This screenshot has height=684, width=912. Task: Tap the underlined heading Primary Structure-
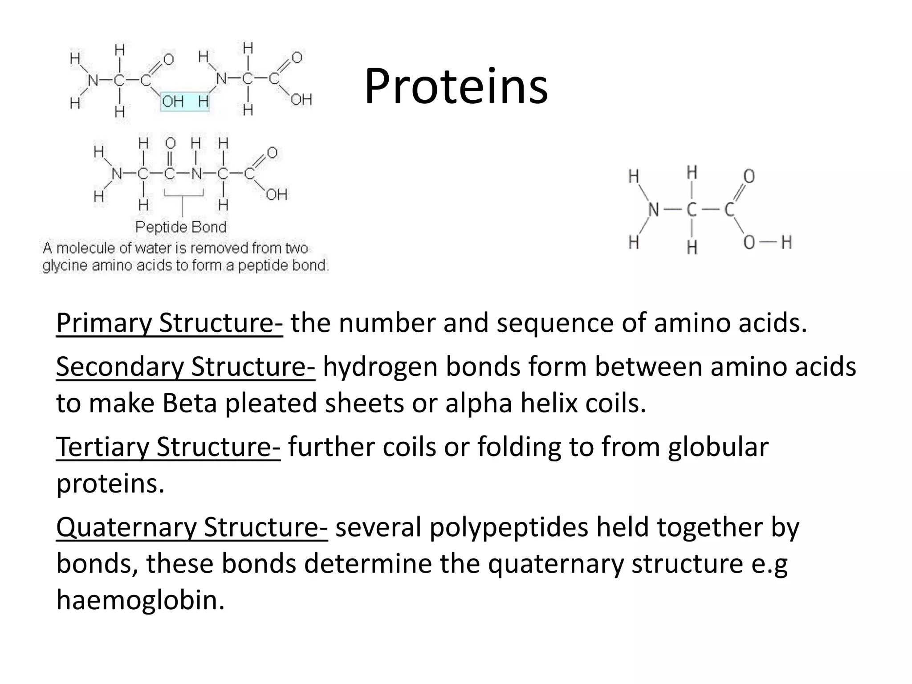coord(169,323)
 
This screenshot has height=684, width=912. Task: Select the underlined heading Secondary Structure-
coord(185,367)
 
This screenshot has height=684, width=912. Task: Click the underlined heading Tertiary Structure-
coord(168,447)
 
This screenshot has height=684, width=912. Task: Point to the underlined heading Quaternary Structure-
coord(192,527)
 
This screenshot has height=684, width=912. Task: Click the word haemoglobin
coord(140,600)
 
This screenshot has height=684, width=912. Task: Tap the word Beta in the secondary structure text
coord(189,403)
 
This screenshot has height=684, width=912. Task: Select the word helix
coord(548,403)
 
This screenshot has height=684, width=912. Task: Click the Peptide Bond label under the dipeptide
coord(181,227)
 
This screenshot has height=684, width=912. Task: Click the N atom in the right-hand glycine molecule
coord(653,209)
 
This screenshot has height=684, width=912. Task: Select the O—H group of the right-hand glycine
coord(767,243)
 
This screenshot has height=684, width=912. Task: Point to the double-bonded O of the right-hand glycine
coord(749,176)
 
